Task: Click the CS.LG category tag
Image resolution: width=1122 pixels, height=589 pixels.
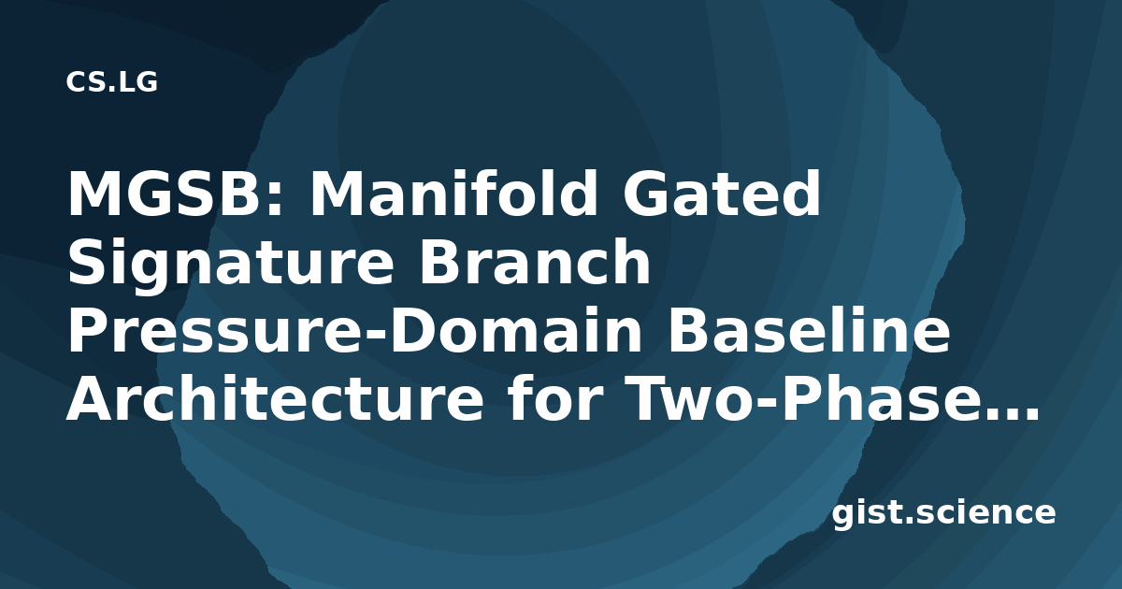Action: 111,82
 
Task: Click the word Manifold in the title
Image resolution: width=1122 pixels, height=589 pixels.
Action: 453,193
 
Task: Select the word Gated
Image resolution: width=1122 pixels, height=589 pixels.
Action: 721,193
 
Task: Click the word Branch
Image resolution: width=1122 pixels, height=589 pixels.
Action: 535,261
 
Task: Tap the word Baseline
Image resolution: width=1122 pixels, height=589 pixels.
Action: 809,329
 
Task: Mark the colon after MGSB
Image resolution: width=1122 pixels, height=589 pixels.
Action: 273,200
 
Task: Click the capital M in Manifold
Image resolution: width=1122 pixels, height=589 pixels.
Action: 339,194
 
